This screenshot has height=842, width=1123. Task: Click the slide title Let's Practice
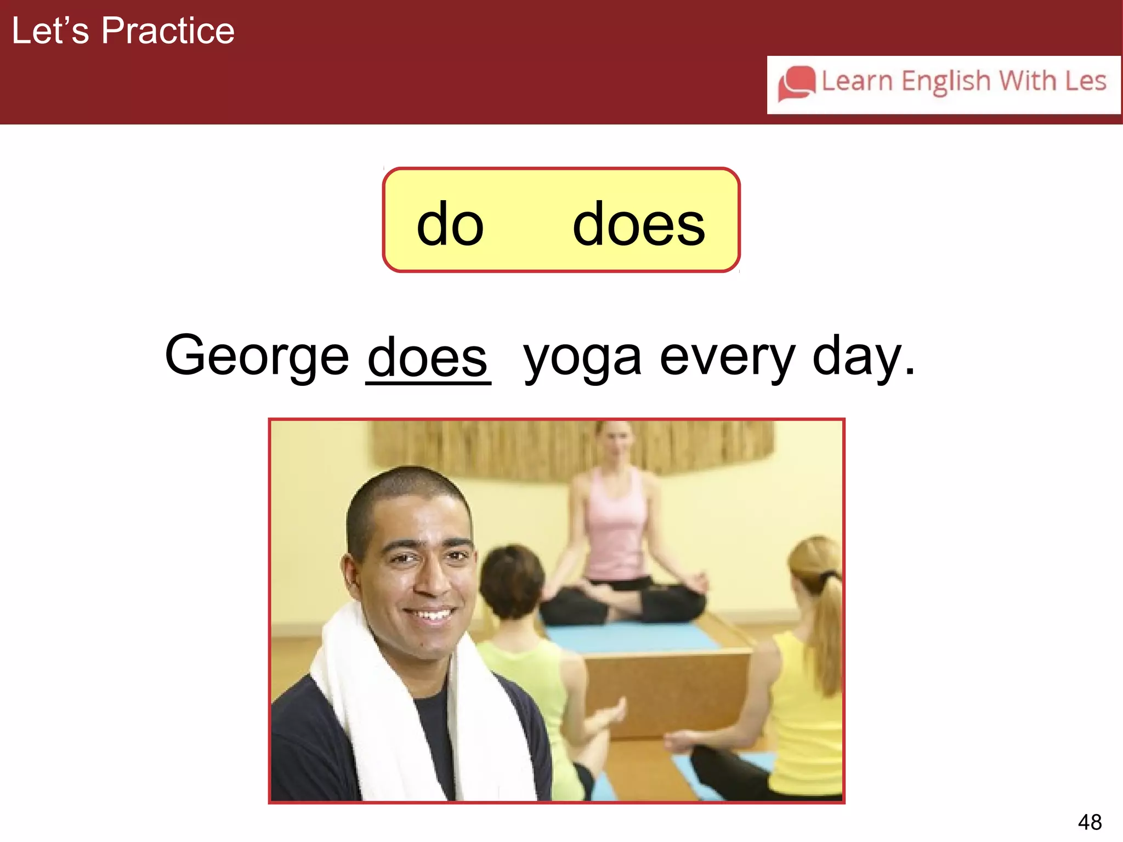[x=123, y=31]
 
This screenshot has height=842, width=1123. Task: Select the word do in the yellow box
[x=450, y=224]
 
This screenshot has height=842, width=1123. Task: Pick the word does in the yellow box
[x=638, y=224]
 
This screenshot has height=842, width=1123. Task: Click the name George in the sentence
[x=257, y=356]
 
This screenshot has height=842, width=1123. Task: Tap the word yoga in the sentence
[x=582, y=359]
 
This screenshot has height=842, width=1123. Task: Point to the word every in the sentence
[x=727, y=359]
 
